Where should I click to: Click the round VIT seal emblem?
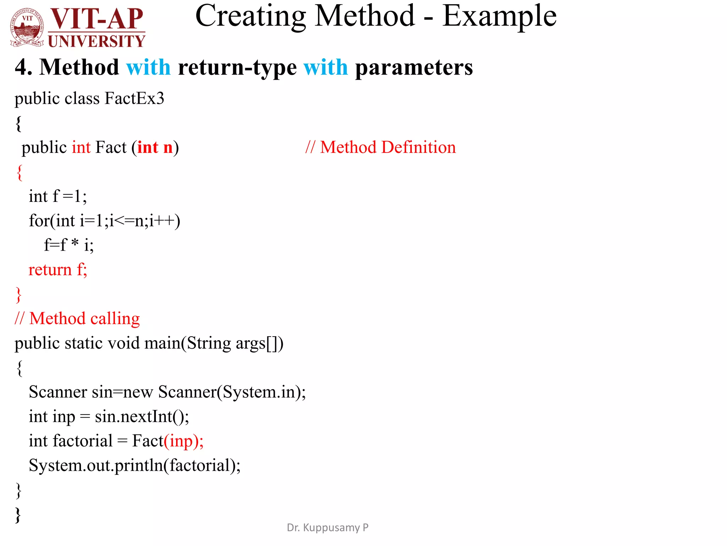27,28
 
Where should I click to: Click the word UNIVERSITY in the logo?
97,41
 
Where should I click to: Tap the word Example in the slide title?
499,16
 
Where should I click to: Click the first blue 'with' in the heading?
148,67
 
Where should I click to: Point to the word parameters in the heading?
414,67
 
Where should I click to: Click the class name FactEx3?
135,98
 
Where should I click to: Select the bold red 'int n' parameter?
155,148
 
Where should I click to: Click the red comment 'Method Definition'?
388,147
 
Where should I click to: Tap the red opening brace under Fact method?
20,172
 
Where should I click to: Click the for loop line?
104,221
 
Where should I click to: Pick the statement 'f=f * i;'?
69,245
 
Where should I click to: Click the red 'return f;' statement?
58,269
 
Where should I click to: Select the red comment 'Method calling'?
84,318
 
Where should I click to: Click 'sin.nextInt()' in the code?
142,417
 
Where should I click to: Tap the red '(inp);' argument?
184,441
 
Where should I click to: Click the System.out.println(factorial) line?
135,466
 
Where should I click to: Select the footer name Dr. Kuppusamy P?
327,528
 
